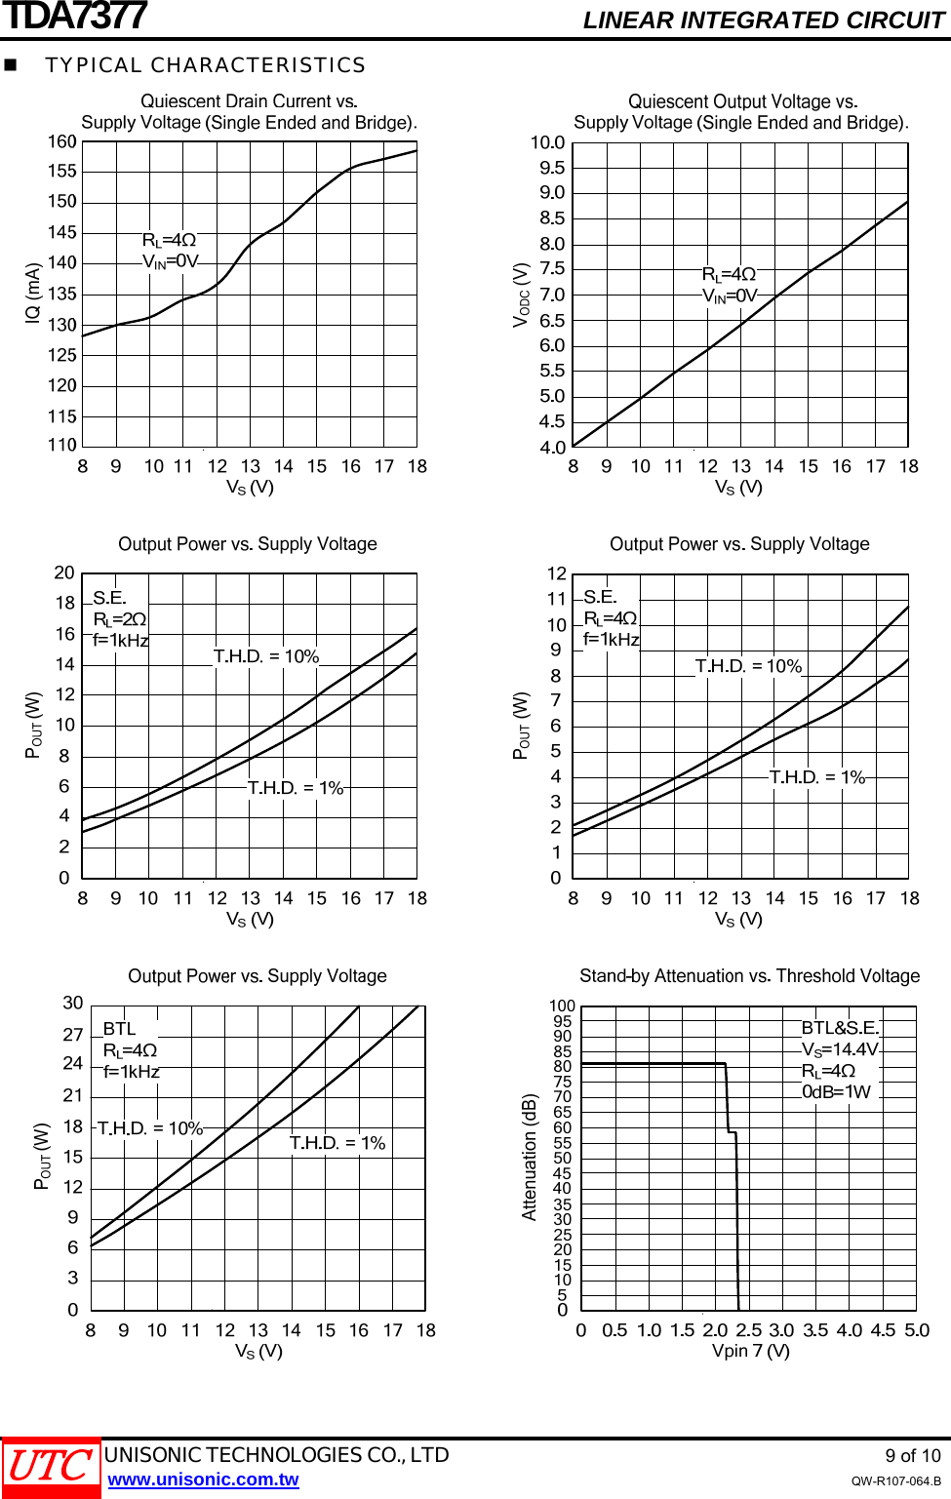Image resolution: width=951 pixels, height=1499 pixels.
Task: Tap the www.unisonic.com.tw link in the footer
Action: tap(203, 1479)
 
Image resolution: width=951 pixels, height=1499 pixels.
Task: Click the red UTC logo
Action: tap(51, 1467)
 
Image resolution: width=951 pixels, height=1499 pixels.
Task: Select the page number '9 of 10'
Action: tap(912, 1455)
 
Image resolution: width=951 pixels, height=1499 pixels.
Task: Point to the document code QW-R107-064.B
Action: tap(895, 1480)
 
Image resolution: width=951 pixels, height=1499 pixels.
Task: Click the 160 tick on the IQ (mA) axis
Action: tap(62, 142)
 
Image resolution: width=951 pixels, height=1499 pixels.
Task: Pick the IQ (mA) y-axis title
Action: tap(33, 293)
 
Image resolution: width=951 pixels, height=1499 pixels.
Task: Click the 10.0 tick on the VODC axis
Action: tap(547, 143)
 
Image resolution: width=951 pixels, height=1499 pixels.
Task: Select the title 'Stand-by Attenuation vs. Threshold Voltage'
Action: tap(749, 976)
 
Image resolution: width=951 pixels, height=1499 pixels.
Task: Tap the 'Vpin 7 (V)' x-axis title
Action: tap(750, 1351)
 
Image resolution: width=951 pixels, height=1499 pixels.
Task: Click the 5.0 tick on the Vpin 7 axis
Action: tap(917, 1330)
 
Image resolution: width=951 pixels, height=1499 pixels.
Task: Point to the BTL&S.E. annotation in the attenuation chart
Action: tap(840, 1028)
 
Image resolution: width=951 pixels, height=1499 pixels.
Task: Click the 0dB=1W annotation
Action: tap(836, 1091)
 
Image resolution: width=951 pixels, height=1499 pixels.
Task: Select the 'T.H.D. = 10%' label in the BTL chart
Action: tap(150, 1128)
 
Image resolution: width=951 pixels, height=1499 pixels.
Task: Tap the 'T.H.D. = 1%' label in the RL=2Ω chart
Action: tap(296, 788)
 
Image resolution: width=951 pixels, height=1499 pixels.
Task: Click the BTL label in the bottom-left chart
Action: tap(119, 1029)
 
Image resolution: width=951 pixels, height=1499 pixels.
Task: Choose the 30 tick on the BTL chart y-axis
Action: tap(73, 1004)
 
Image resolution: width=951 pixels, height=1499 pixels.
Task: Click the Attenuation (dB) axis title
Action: tap(530, 1157)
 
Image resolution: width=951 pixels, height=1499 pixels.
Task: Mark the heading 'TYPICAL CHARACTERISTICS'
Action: tap(205, 65)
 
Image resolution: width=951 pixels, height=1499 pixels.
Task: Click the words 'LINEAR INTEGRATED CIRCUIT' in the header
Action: tap(763, 20)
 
